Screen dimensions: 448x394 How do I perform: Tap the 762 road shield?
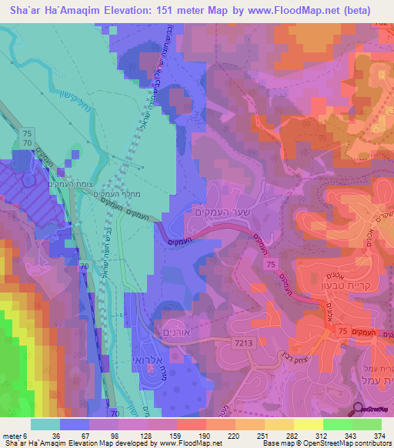click(x=385, y=22)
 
